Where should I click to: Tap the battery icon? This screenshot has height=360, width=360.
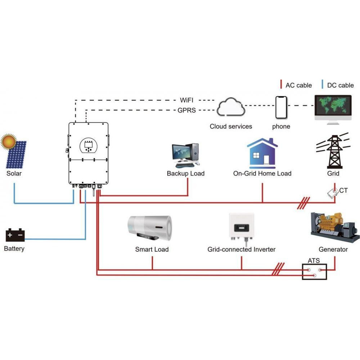[x=15, y=235]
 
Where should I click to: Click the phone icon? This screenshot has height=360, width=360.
[x=281, y=107]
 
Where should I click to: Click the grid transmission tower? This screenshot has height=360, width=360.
[x=333, y=150]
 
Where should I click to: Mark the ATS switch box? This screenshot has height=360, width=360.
[x=314, y=272]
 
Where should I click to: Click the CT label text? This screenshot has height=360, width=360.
[x=343, y=190]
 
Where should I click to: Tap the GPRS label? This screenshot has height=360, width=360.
[x=187, y=111]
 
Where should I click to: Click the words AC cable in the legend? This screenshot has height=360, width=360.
[x=298, y=86]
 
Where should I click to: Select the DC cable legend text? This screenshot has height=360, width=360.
[x=340, y=86]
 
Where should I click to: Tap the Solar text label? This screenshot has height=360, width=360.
[x=14, y=174]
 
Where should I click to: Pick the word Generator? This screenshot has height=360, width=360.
[x=333, y=249]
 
